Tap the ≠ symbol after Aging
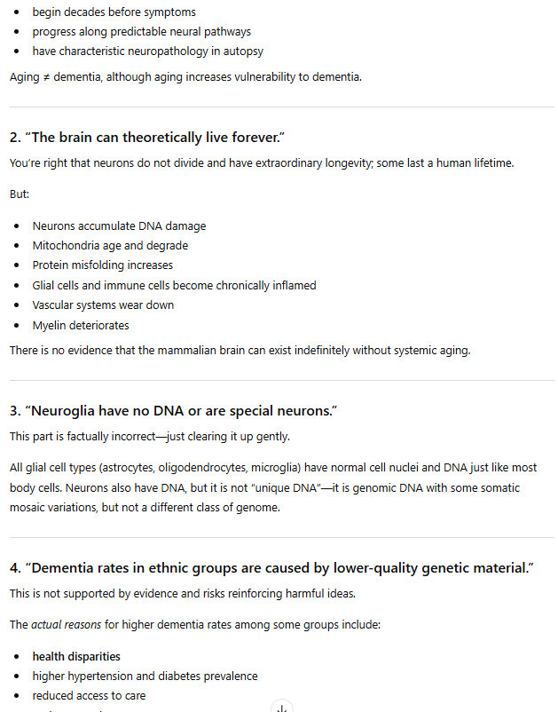(x=44, y=77)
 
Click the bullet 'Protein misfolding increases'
(x=102, y=265)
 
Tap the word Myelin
(x=51, y=325)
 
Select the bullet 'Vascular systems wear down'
(x=103, y=305)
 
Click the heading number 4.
(x=14, y=568)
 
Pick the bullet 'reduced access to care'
(x=89, y=696)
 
